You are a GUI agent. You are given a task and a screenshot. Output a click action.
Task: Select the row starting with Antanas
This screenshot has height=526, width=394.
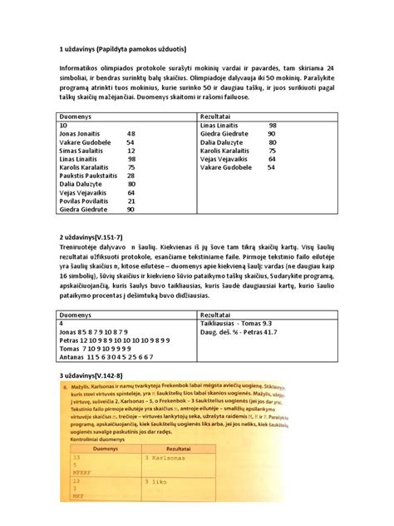pos(106,356)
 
